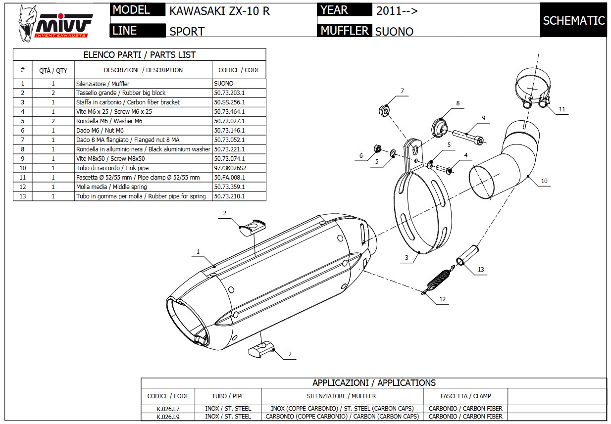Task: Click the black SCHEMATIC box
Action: [573, 20]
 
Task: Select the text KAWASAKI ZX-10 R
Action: [219, 11]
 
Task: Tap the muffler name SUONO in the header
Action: [394, 31]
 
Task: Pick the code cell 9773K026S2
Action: [230, 168]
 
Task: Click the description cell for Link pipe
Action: [143, 168]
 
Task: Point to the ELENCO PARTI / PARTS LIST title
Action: [139, 54]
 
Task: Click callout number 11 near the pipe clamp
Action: [562, 109]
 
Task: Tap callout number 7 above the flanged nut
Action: [402, 91]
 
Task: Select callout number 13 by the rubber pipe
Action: [481, 270]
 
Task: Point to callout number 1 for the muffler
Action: [198, 252]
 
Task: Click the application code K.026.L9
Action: [168, 417]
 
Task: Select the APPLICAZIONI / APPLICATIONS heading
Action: [374, 383]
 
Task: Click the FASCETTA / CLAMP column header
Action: [465, 396]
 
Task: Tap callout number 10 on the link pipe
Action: [544, 181]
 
